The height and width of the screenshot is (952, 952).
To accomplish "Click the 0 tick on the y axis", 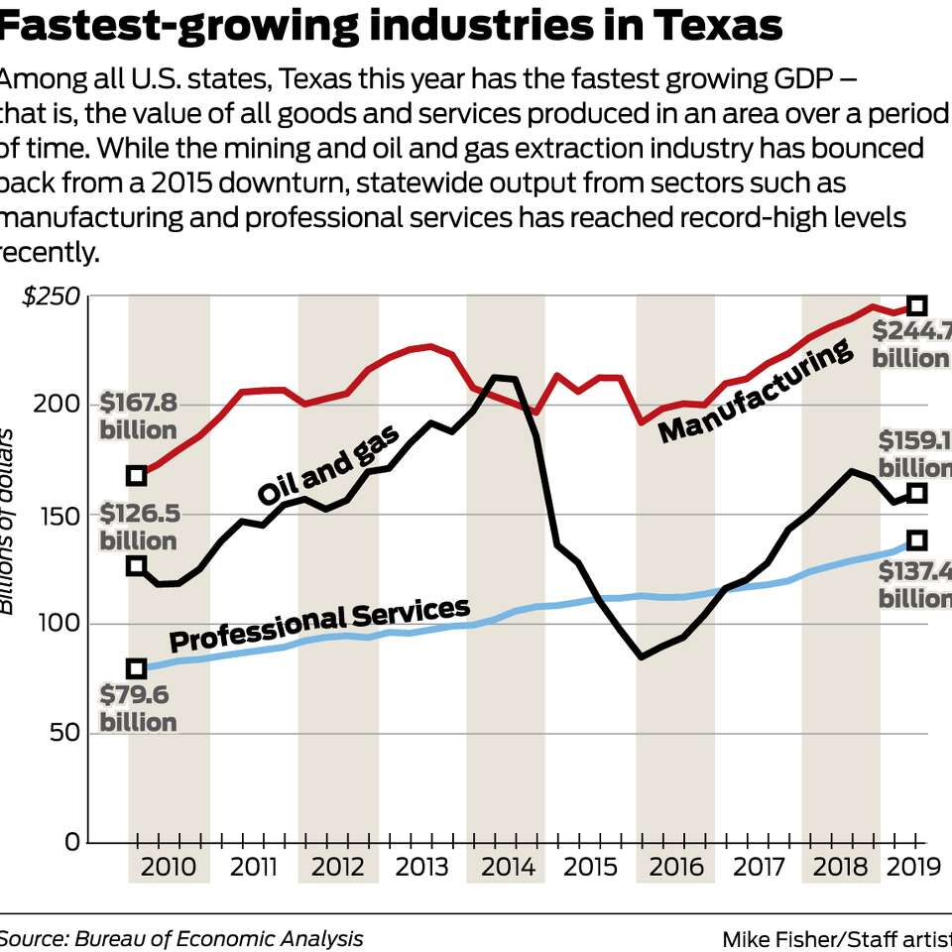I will tap(71, 842).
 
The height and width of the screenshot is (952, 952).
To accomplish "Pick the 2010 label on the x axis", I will tap(169, 867).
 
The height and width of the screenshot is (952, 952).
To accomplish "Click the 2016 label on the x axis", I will tap(676, 867).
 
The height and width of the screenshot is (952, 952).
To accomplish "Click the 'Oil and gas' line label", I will tap(328, 464).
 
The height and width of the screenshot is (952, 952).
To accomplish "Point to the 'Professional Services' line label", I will tap(319, 624).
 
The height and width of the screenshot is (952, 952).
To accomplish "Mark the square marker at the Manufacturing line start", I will tap(137, 476).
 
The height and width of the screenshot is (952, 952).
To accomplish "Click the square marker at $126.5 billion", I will tap(137, 566).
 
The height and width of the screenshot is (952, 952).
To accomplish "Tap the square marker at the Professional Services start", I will tap(137, 669).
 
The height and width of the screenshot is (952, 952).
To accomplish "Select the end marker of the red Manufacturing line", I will tap(917, 305).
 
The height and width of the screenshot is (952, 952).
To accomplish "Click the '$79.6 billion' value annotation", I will tap(138, 708).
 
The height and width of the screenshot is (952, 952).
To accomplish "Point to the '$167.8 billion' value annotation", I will tap(138, 416).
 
